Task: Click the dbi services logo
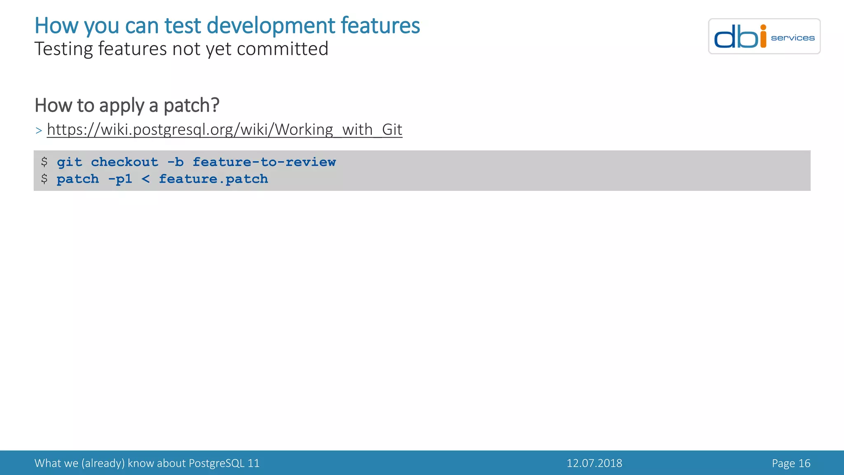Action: tap(764, 36)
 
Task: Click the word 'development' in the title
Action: tap(271, 26)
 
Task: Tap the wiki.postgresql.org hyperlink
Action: tap(224, 129)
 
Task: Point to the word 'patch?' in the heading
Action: tap(191, 105)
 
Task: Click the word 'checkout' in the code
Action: tap(124, 162)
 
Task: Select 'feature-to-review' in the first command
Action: tap(264, 162)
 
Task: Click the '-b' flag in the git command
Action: tap(176, 162)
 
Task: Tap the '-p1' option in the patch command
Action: tap(120, 179)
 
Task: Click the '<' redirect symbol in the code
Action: tap(145, 179)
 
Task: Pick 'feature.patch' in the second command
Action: tap(213, 179)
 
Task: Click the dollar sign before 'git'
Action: tap(44, 162)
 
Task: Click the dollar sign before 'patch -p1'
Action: tap(44, 179)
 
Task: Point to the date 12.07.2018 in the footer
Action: tap(594, 463)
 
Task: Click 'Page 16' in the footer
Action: tap(791, 463)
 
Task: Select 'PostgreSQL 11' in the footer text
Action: tap(224, 463)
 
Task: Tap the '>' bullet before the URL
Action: tap(39, 131)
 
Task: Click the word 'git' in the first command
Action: tap(69, 162)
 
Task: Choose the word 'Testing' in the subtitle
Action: tap(64, 49)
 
